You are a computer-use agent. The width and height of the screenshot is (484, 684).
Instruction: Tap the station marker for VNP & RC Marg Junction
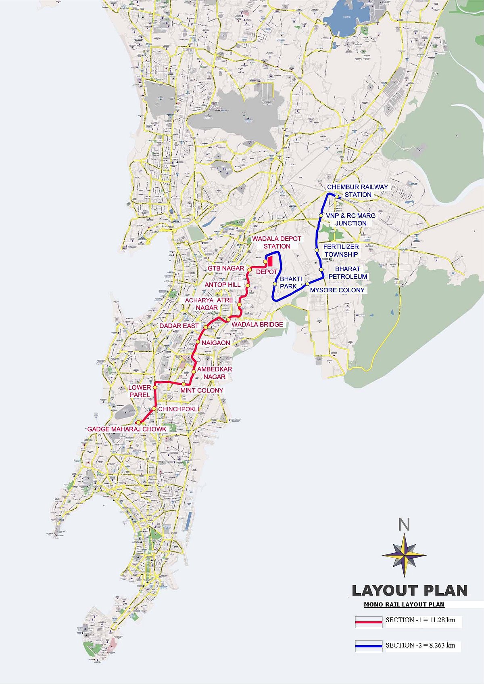click(x=321, y=216)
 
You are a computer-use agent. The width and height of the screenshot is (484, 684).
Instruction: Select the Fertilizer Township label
click(x=341, y=250)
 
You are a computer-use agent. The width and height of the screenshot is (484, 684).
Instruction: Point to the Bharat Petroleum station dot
click(x=321, y=269)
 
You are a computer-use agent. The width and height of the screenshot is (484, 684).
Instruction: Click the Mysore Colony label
click(x=337, y=290)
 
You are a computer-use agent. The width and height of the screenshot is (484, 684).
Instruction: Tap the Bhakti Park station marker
click(x=275, y=284)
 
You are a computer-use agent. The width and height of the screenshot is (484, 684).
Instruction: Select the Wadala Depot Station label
click(x=277, y=242)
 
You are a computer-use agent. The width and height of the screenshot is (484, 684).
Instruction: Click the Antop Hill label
click(x=223, y=285)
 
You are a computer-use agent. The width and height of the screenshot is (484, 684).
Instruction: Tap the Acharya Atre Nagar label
click(x=209, y=304)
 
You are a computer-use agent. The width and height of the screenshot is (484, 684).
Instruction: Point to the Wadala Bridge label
click(x=257, y=324)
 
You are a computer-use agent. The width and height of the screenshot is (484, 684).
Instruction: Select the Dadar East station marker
click(x=205, y=327)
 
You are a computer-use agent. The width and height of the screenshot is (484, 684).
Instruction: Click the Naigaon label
click(x=216, y=343)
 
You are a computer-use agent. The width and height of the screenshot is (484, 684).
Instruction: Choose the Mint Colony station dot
click(x=184, y=384)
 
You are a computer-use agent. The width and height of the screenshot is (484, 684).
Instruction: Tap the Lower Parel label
click(x=140, y=391)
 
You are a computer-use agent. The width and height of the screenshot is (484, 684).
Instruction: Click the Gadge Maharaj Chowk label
click(x=127, y=429)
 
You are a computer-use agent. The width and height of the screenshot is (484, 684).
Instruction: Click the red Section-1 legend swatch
click(x=369, y=621)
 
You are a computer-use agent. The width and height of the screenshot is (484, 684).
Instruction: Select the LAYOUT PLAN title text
click(x=409, y=590)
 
